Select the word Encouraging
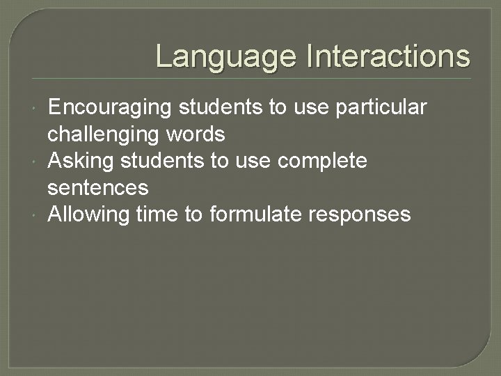(x=109, y=108)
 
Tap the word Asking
(x=81, y=161)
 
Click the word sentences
(x=97, y=187)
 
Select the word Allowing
(x=88, y=214)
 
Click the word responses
(x=363, y=214)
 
